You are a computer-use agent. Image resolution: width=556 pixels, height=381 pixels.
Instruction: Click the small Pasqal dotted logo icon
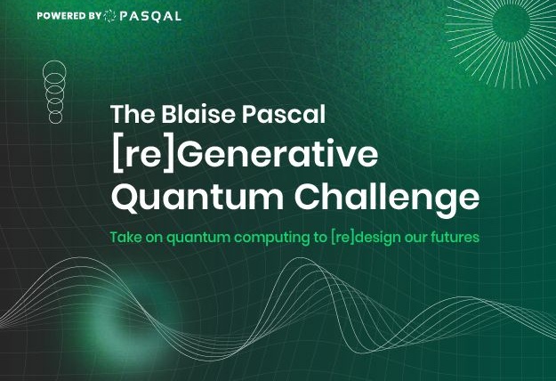pyautogui.click(x=109, y=16)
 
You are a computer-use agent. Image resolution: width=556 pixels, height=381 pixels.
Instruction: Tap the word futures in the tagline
pyautogui.click(x=455, y=239)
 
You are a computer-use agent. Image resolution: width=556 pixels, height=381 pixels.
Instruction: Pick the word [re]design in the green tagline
pyautogui.click(x=364, y=239)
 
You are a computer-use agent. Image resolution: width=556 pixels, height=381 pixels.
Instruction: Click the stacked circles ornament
pyautogui.click(x=54, y=93)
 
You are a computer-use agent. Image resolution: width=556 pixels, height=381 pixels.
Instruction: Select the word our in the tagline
pyautogui.click(x=415, y=239)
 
